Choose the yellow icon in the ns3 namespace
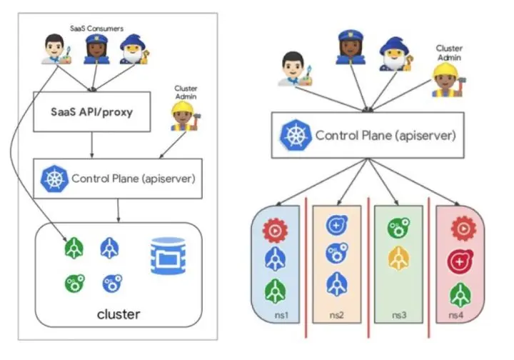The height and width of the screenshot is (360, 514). coord(398,259)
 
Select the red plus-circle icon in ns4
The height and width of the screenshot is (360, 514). coord(459,262)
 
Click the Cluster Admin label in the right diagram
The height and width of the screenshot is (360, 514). coord(449,53)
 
